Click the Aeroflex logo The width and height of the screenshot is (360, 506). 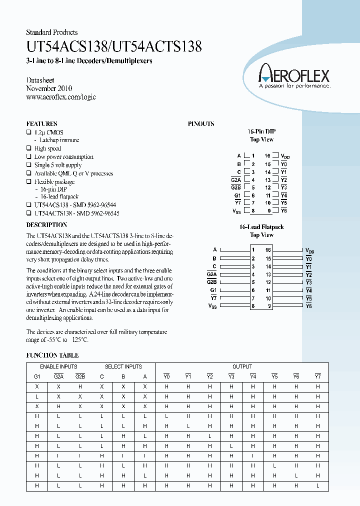click(x=293, y=75)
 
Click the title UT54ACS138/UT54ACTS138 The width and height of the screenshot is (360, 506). click(x=114, y=47)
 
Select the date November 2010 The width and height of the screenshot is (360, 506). click(x=49, y=88)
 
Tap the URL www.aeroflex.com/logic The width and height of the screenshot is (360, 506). click(x=60, y=96)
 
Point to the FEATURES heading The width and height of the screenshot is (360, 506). click(x=41, y=123)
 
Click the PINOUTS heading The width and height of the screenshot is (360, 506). click(x=200, y=123)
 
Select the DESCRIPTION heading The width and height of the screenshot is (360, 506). click(x=46, y=225)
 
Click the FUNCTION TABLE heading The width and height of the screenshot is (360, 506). click(x=52, y=355)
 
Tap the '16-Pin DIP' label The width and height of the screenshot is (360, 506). click(x=261, y=131)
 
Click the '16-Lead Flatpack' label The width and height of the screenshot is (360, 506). click(x=261, y=227)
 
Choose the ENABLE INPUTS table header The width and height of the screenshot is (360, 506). click(x=58, y=366)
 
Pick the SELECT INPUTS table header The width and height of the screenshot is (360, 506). click(x=123, y=366)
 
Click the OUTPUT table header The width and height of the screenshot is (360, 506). click(x=242, y=366)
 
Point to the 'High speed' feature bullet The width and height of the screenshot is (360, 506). click(x=47, y=148)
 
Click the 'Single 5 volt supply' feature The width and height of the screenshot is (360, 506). click(x=57, y=165)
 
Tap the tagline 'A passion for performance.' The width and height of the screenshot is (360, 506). click(x=294, y=86)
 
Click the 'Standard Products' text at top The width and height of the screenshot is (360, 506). click(x=51, y=32)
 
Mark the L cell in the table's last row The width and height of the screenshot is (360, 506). click(x=317, y=485)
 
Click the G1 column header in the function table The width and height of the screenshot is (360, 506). click(x=36, y=376)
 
